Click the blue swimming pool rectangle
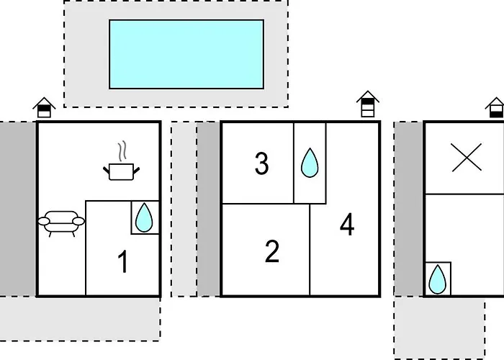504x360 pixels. pos(186,54)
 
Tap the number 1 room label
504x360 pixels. pos(123,261)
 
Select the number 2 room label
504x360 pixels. pos(272,251)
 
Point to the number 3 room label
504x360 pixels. pos(261,163)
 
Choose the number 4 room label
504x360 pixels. pos(347,225)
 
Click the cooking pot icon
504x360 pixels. pos(122,171)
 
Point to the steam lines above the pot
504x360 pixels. pos(122,152)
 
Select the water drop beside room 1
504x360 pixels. pos(144,217)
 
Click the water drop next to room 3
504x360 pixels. pos(310,163)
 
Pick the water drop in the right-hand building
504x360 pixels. pos(438,279)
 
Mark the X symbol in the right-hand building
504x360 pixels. pos(467,157)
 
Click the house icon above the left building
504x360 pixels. pos(44,107)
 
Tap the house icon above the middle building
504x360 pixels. pos(368,104)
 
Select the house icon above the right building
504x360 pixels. pos(495,107)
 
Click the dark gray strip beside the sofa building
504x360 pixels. pos(18,209)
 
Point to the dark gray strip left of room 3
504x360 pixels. pos(209,209)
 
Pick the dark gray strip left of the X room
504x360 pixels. pos(409,209)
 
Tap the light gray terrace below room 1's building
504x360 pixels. pos(80,319)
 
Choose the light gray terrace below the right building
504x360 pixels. pos(439,328)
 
